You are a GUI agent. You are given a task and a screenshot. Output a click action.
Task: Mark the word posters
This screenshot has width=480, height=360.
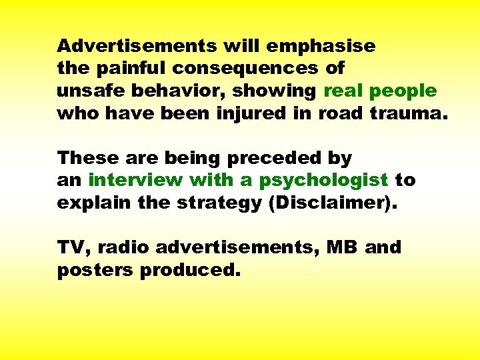tap(95, 270)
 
